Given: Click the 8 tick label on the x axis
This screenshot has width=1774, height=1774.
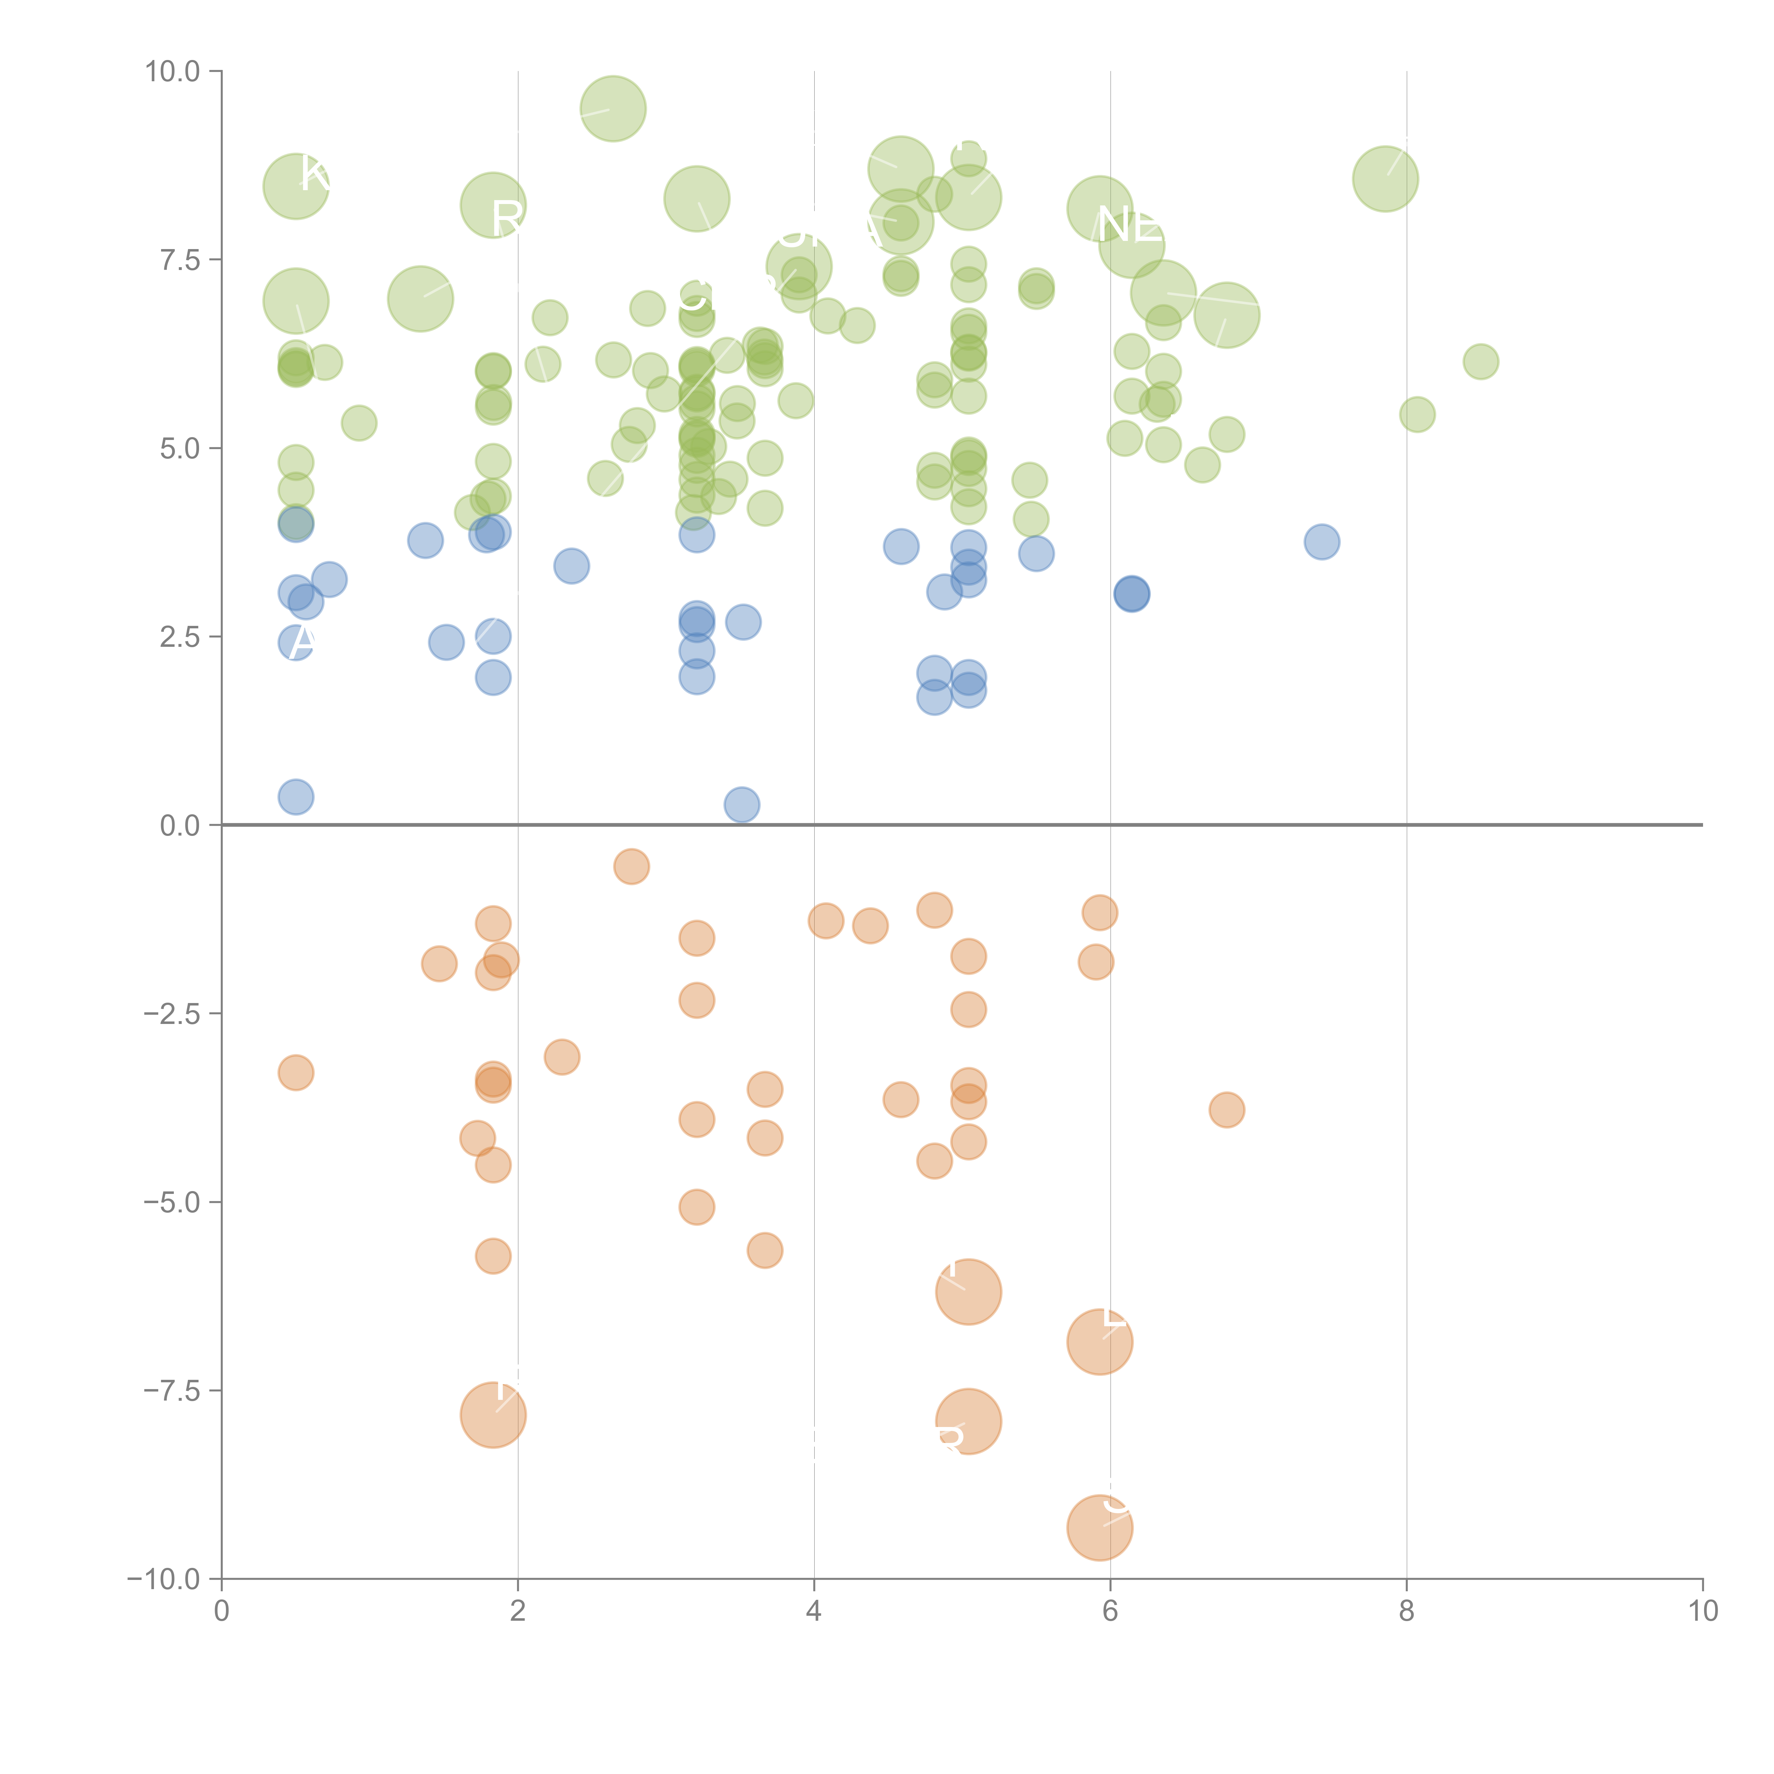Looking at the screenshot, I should [x=1407, y=1612].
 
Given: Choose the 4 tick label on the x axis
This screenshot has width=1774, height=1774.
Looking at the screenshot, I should [x=814, y=1612].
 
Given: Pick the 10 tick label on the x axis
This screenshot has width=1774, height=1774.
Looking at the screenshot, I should [x=1702, y=1612].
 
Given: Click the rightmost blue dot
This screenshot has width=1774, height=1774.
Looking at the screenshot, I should [x=1321, y=542].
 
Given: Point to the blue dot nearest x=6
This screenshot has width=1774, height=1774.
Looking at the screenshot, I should [x=1131, y=594].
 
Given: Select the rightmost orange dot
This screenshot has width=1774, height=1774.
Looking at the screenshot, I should [x=1227, y=1110].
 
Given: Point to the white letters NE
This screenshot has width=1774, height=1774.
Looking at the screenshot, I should [x=1129, y=226].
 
